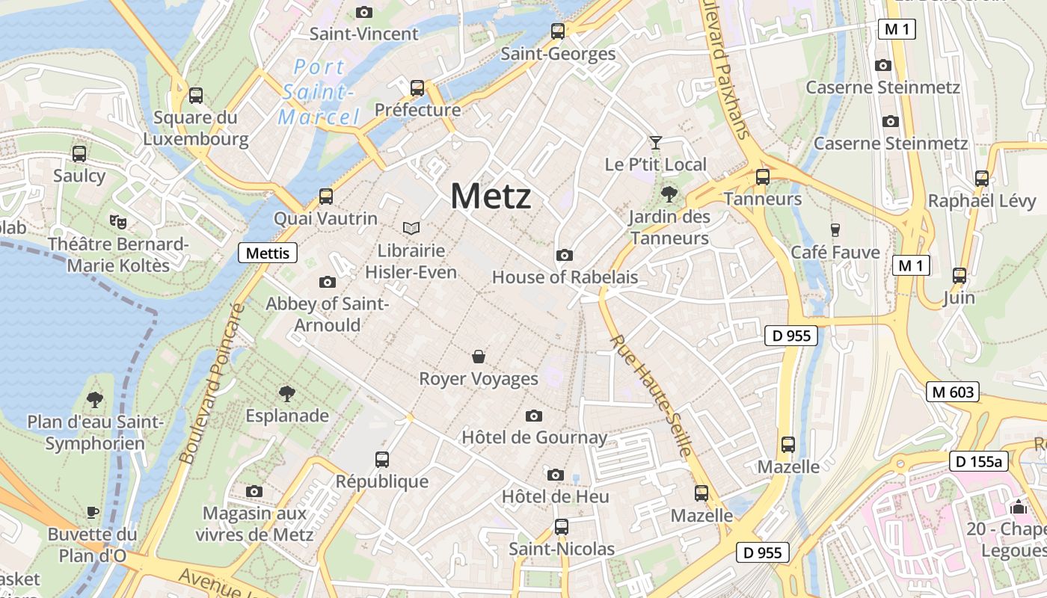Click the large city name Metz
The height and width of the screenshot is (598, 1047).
(x=491, y=197)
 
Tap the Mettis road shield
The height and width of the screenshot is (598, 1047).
(x=268, y=253)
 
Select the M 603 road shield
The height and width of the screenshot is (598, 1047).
(x=953, y=392)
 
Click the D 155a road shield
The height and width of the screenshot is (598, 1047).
(x=979, y=461)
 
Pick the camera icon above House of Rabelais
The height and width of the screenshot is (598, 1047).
(x=565, y=256)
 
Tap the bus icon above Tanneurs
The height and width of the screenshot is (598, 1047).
(x=763, y=177)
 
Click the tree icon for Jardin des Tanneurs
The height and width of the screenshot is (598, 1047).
(x=669, y=195)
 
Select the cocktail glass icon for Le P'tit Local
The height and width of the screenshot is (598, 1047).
(x=656, y=142)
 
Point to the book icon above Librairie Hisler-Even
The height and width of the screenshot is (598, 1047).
(x=411, y=228)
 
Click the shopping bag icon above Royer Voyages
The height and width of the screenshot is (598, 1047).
(x=479, y=357)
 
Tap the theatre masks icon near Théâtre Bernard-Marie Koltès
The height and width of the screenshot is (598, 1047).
(x=118, y=222)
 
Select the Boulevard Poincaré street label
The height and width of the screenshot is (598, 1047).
(x=213, y=383)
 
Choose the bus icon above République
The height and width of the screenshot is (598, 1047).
(x=382, y=459)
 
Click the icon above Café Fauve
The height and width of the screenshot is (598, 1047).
(x=835, y=230)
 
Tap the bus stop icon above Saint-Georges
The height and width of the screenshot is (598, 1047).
(x=558, y=31)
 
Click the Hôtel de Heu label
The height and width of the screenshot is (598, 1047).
(x=555, y=496)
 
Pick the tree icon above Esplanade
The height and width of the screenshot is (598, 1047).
(x=287, y=393)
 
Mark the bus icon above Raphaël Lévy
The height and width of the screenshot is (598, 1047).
(x=982, y=179)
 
